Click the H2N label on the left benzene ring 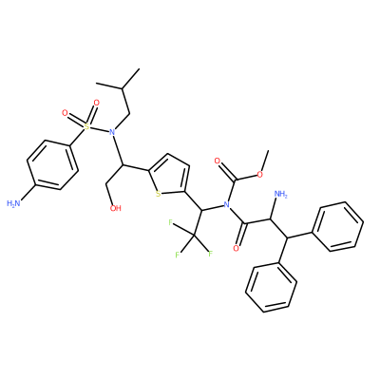(x=13, y=203)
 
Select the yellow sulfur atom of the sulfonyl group (x=85, y=126)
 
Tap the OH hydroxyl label (x=115, y=208)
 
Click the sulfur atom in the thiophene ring (x=158, y=194)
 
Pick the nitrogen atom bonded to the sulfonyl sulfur (x=111, y=131)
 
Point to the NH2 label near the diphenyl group (x=280, y=194)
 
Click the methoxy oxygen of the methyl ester (x=259, y=175)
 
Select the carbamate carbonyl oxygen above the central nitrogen (x=218, y=161)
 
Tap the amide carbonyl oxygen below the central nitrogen (x=236, y=248)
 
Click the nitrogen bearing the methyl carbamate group (x=226, y=204)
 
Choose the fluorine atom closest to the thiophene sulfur (x=171, y=223)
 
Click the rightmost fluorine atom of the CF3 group (x=210, y=254)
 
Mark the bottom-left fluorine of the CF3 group (x=178, y=254)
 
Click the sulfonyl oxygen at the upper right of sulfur (x=96, y=103)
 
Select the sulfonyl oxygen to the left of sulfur (x=65, y=113)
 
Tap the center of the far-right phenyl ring (x=337, y=226)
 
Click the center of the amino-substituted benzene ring (x=52, y=165)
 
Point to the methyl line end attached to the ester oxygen (x=269, y=151)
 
